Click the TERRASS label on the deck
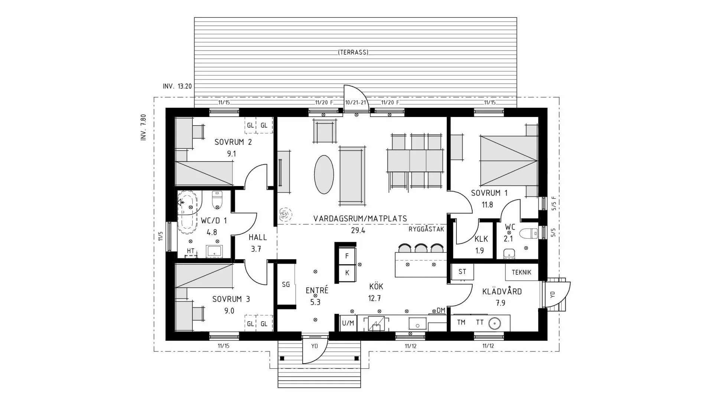[x=353, y=52]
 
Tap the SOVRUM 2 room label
[x=233, y=142]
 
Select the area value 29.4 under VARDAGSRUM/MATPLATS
[x=358, y=230]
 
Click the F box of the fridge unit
[x=347, y=256]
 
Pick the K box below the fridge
[x=347, y=273]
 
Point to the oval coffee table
[x=324, y=174]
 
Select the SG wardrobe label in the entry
[x=286, y=284]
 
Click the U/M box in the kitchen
[x=348, y=323]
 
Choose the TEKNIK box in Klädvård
[x=521, y=272]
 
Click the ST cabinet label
[x=462, y=272]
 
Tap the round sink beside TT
[x=495, y=323]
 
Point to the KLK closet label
[x=481, y=239]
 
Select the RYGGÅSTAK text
[x=426, y=229]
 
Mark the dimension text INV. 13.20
[x=177, y=86]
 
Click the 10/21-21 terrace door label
[x=356, y=102]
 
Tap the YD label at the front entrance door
[x=315, y=346]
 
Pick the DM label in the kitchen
[x=441, y=310]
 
